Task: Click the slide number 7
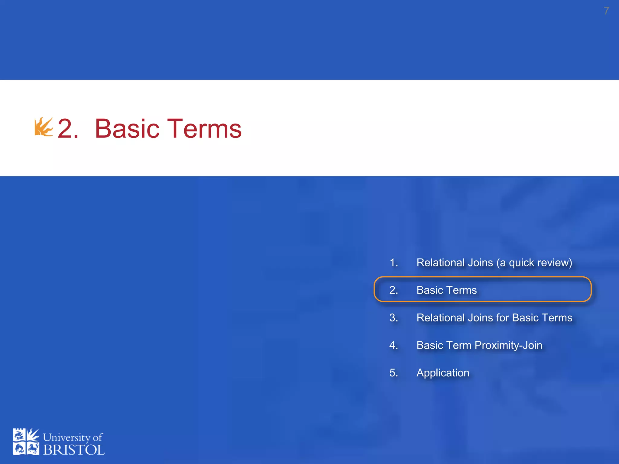pyautogui.click(x=606, y=11)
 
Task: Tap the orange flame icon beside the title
pyautogui.click(x=44, y=127)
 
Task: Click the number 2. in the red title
pyautogui.click(x=68, y=129)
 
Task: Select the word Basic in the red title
pyautogui.click(x=127, y=129)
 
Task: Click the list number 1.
pyautogui.click(x=394, y=263)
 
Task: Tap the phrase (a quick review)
pyautogui.click(x=534, y=263)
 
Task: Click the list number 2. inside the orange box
pyautogui.click(x=394, y=290)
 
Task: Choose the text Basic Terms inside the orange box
pyautogui.click(x=446, y=290)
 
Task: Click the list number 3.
pyautogui.click(x=394, y=317)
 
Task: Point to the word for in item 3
pyautogui.click(x=503, y=317)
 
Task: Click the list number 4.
pyautogui.click(x=394, y=345)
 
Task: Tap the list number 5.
pyautogui.click(x=394, y=372)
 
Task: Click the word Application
pyautogui.click(x=443, y=373)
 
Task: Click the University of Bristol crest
pyautogui.click(x=26, y=441)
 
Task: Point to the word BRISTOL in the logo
pyautogui.click(x=74, y=450)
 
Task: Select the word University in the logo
pyautogui.click(x=66, y=437)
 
